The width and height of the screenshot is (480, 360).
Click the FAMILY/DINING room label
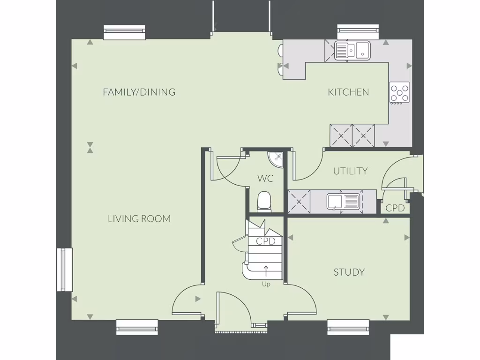pos(139,92)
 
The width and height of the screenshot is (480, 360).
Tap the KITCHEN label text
pos(348,92)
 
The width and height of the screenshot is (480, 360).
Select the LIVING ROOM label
pos(139,219)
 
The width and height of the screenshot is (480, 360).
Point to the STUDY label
pos(349,272)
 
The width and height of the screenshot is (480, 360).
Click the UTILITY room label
pos(350,172)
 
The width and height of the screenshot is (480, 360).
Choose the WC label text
pos(265,179)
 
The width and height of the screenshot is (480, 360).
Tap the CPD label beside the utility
pos(395,208)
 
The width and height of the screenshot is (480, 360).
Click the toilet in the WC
pos(264,202)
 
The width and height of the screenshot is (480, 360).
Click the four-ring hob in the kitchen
pos(399,92)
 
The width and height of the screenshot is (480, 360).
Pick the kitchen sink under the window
pos(352,50)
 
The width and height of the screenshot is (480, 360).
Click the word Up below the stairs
pos(266,284)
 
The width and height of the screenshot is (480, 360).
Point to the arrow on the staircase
pos(266,271)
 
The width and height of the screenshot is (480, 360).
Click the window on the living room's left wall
pos(65,270)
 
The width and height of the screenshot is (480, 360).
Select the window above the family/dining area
pos(124,32)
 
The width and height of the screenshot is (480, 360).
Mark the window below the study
pos(348,327)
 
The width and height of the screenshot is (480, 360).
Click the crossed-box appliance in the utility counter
pos(299,202)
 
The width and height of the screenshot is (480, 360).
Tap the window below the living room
pos(137,327)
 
